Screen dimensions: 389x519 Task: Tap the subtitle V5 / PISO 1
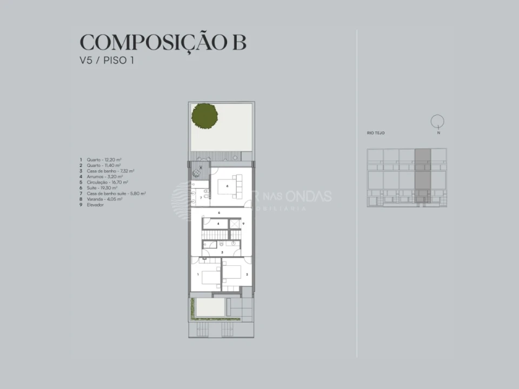point(107,61)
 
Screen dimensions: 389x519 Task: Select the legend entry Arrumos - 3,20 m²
point(104,176)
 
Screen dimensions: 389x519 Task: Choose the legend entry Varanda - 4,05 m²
point(104,199)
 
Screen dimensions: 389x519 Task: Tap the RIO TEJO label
point(376,133)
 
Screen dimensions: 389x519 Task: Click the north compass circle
point(438,121)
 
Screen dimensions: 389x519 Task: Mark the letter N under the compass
point(438,132)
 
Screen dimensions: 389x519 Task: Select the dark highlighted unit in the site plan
point(423,178)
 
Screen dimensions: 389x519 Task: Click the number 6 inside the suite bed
point(228,186)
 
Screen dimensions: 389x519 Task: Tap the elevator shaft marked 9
point(236,223)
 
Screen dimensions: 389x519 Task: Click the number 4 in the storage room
point(218,223)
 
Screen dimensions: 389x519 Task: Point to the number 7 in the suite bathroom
point(201,198)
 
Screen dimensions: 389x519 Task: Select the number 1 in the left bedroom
point(198,274)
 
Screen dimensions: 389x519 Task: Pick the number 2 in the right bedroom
point(247,274)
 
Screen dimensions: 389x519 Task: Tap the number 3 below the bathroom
point(222,252)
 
